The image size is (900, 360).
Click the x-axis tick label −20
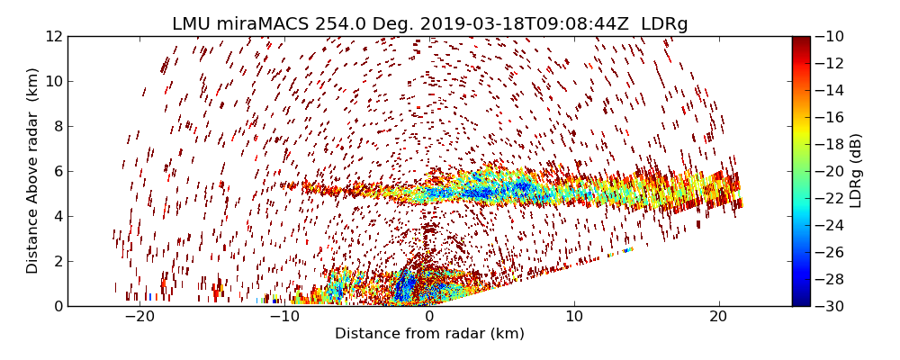139,318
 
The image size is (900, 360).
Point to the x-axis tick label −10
284,318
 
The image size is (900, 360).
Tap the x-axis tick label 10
574,318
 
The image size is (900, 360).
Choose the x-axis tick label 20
718,318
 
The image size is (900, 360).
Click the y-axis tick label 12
52,37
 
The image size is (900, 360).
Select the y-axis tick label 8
56,127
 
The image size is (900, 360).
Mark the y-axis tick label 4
56,217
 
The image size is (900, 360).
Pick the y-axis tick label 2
56,262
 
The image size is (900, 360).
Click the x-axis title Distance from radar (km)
429,334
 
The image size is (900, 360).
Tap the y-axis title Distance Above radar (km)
33,171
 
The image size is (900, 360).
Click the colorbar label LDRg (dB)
856,171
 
